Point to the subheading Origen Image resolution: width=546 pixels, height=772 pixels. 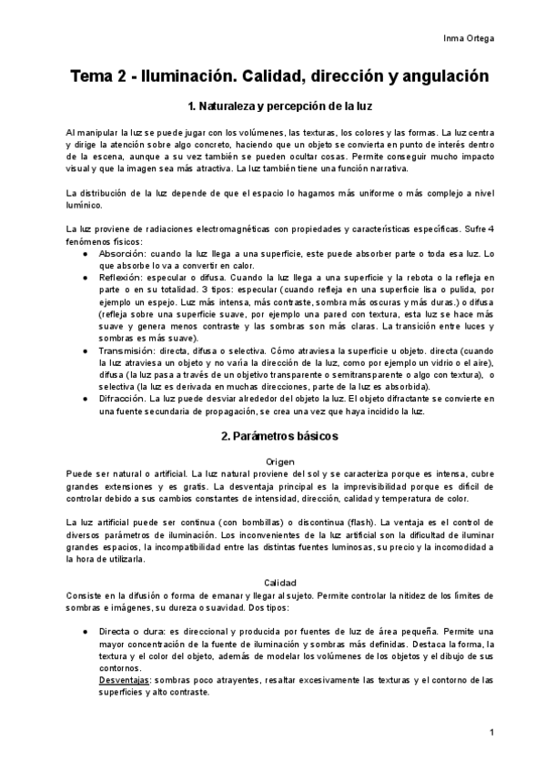280,462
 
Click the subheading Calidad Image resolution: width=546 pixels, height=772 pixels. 280,582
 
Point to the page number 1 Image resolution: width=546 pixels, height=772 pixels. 491,733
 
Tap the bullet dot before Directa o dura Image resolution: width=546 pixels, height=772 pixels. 85,631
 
